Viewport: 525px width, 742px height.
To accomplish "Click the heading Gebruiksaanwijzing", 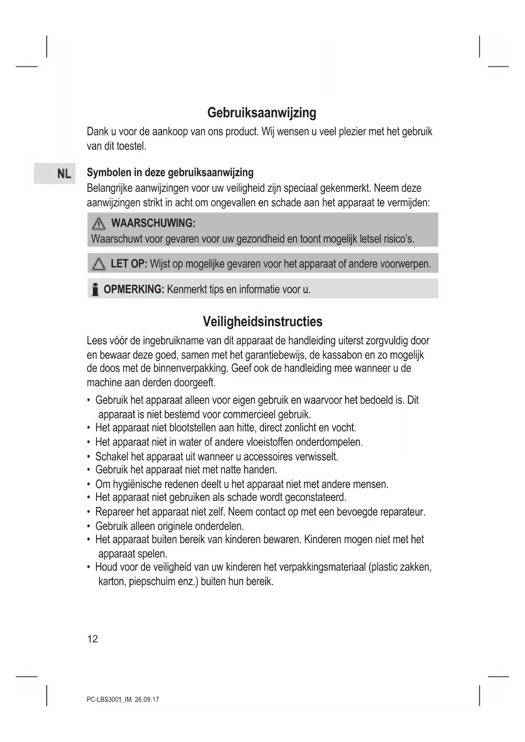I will (261, 113).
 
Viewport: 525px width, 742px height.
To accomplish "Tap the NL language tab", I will (64, 174).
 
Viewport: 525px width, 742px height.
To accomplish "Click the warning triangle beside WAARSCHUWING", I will (98, 223).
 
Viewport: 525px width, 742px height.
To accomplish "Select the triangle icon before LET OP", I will (99, 265).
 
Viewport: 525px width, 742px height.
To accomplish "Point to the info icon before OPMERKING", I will (95, 290).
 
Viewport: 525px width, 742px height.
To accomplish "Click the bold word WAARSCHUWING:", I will (153, 223).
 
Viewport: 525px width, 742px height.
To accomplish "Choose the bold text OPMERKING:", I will (134, 290).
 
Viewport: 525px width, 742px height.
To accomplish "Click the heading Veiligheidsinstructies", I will (262, 322).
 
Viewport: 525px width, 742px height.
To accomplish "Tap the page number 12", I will (92, 639).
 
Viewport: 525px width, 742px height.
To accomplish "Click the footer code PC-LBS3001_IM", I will (109, 700).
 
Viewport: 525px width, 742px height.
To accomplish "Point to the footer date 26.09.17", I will (147, 700).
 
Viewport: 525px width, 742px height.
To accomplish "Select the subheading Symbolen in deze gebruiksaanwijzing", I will (170, 173).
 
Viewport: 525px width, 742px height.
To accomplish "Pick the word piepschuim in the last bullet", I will (152, 581).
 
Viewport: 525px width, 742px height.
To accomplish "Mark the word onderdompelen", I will (329, 442).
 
